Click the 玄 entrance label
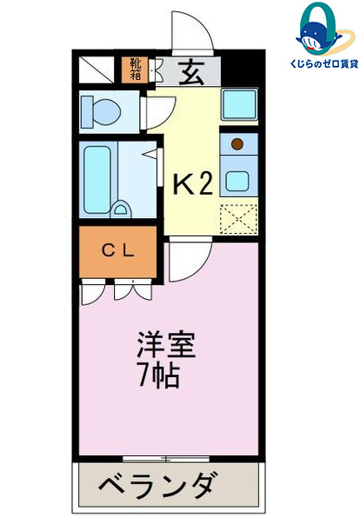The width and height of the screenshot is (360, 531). pos(191,73)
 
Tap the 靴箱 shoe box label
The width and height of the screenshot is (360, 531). pos(137,68)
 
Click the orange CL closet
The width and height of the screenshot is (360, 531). pos(118,251)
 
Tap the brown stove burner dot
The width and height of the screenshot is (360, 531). pos(237,142)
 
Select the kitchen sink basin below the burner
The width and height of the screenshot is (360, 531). pos(237,180)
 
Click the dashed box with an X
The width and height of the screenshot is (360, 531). pos(237,217)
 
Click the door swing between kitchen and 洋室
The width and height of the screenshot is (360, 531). pos(190,260)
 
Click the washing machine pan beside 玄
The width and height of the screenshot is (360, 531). pos(238,105)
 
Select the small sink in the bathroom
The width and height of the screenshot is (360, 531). pos(123,209)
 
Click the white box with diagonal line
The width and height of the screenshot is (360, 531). pos(94,70)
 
